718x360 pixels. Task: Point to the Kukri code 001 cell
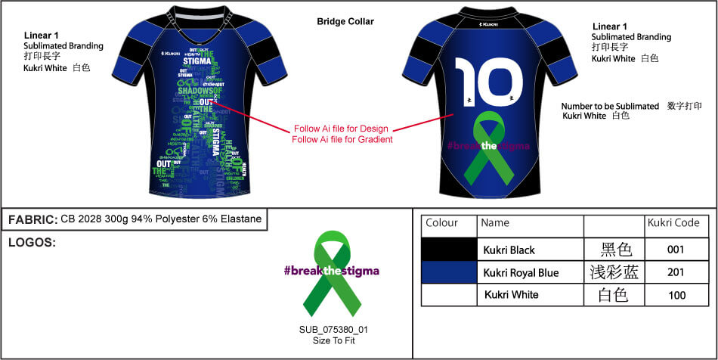(676, 250)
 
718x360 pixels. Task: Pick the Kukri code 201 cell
(676, 272)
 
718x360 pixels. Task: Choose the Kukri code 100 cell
(676, 295)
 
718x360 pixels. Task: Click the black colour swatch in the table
(450, 250)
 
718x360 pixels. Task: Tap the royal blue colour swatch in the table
(450, 272)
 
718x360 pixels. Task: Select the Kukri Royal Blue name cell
(521, 272)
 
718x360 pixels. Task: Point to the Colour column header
(442, 224)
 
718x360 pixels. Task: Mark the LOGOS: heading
(32, 244)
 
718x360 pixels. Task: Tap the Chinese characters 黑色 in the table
(615, 250)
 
